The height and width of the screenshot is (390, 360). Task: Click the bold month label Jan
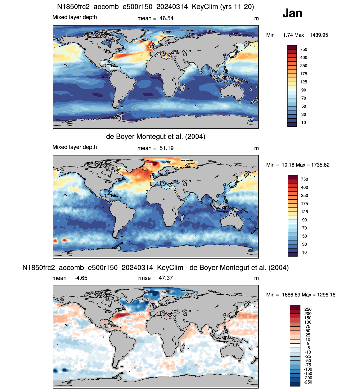pos(292,13)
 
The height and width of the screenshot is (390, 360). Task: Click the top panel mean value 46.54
pos(166,18)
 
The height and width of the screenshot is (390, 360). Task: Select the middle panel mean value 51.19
pos(166,148)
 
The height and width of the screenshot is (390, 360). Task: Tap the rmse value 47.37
pos(166,278)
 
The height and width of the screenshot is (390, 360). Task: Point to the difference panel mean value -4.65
pos(81,278)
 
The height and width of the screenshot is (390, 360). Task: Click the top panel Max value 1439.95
pos(319,35)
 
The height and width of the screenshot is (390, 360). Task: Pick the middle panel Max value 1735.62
pos(320,165)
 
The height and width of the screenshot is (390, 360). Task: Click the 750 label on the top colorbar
pos(304,50)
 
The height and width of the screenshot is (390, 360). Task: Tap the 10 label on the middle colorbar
pos(304,253)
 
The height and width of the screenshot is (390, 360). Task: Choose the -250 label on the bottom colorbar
pos(308,382)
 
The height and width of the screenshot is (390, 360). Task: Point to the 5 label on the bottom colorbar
pos(308,344)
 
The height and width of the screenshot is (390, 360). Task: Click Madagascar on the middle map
pos(182,218)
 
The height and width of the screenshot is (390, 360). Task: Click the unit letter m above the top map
pos(256,19)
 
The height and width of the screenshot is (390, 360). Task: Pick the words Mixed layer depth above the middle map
pos(75,147)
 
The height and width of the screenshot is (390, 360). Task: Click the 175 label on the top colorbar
pos(304,74)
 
